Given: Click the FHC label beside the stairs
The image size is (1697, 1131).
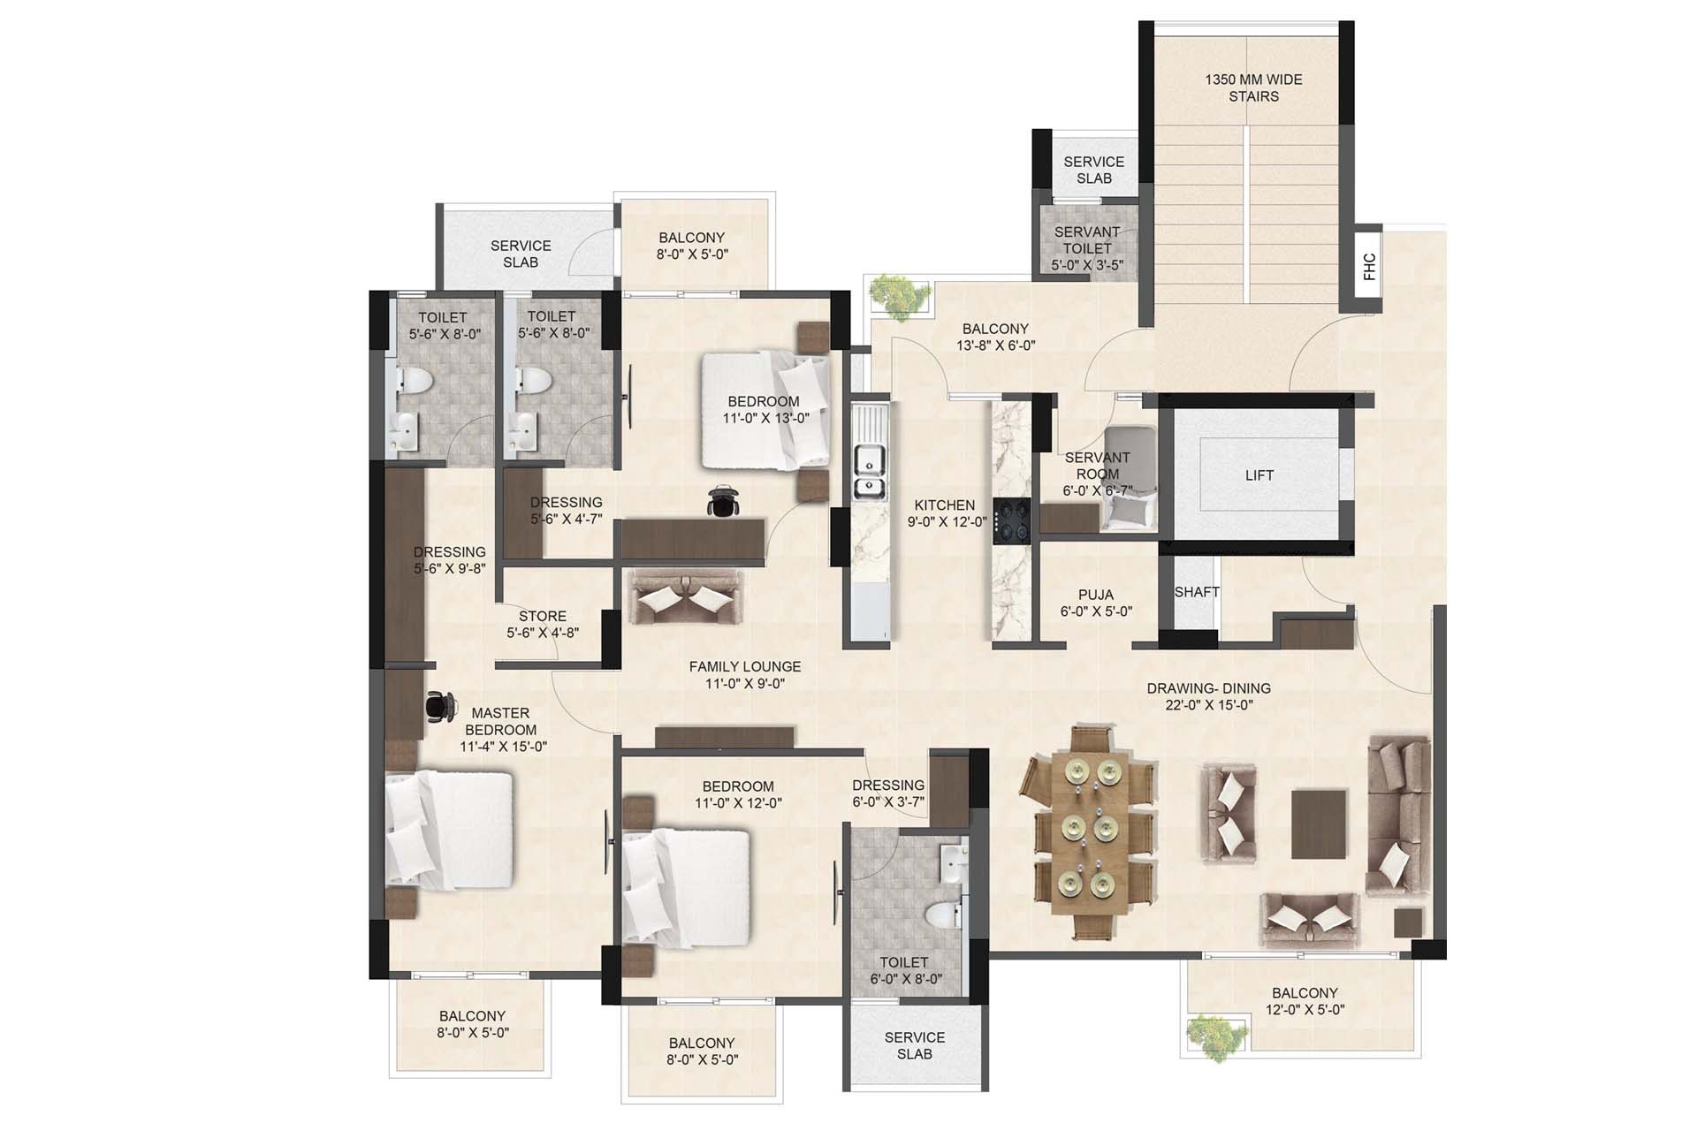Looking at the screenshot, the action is (1369, 267).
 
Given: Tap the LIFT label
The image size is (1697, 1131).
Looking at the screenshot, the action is (1259, 475).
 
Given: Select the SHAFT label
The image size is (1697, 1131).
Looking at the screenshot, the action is (1197, 592).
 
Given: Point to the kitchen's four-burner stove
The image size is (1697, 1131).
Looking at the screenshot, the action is (1010, 520).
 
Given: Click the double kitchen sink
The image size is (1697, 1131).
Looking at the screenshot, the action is (870, 473).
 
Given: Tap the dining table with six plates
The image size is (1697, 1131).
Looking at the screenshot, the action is (1088, 831).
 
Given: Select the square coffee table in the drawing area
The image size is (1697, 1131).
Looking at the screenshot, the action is (1319, 824).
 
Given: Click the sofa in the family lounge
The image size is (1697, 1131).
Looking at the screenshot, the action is (686, 597).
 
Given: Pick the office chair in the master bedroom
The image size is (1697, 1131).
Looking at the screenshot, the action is (440, 705).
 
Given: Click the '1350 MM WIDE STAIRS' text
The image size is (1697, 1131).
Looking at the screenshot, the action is (1253, 87).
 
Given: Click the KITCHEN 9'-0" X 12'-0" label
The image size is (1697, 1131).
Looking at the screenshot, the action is (947, 513).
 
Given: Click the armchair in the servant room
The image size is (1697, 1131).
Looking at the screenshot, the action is (1129, 478).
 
